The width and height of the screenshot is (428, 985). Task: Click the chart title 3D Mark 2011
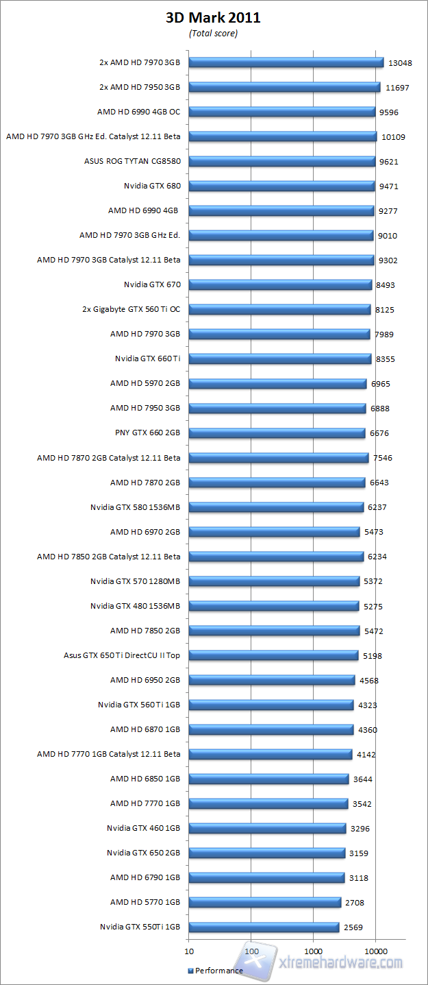(213, 19)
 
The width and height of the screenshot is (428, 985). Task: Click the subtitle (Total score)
(213, 34)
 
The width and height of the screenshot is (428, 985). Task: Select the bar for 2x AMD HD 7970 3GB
(286, 62)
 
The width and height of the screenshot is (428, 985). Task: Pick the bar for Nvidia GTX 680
(281, 186)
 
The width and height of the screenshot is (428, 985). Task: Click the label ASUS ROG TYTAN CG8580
(131, 162)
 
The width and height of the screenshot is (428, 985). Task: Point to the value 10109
(393, 137)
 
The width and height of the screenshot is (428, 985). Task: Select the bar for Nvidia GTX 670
(279, 284)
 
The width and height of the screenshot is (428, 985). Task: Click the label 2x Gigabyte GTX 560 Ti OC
(131, 309)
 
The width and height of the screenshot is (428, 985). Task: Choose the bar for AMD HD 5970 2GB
(277, 383)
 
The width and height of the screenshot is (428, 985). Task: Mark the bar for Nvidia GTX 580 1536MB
(276, 507)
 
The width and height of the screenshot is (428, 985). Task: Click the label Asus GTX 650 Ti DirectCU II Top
(122, 655)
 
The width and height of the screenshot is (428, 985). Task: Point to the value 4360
(368, 730)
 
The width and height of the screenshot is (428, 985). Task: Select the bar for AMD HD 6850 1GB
(268, 779)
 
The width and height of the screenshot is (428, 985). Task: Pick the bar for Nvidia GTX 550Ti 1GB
(264, 927)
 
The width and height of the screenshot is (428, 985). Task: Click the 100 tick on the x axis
(251, 951)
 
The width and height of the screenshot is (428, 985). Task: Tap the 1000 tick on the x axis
(313, 951)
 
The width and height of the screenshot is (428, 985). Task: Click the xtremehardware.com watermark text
(341, 962)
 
